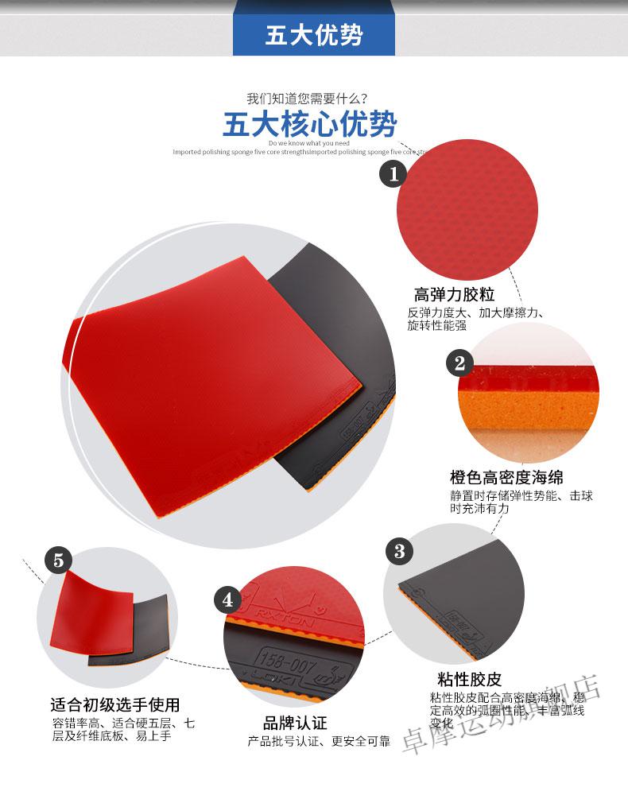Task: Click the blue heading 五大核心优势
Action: (x=309, y=125)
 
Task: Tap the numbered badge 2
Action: (x=459, y=364)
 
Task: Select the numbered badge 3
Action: (x=399, y=550)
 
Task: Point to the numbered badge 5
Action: (x=57, y=559)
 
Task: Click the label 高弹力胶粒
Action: (x=454, y=295)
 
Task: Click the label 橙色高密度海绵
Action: (x=506, y=477)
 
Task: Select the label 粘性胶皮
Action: (x=469, y=680)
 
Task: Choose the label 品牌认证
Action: (x=295, y=723)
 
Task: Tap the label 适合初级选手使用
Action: (x=114, y=704)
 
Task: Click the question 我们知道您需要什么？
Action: (x=307, y=99)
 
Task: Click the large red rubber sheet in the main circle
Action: (x=207, y=374)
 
